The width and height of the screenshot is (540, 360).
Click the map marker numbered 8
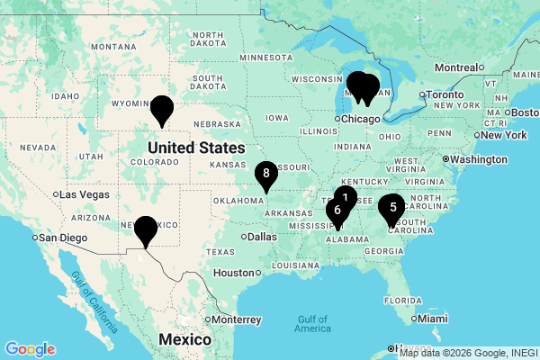[265, 173]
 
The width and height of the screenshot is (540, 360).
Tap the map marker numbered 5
[391, 208]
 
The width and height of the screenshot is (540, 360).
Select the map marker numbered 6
[337, 211]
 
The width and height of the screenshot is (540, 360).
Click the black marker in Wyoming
[162, 109]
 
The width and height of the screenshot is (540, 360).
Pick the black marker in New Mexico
[145, 230]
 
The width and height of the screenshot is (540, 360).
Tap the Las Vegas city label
[85, 194]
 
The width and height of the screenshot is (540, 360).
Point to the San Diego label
[63, 238]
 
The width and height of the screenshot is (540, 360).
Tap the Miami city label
[432, 319]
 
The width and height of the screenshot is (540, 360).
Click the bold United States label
[196, 148]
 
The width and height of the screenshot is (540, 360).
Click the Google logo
[30, 349]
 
